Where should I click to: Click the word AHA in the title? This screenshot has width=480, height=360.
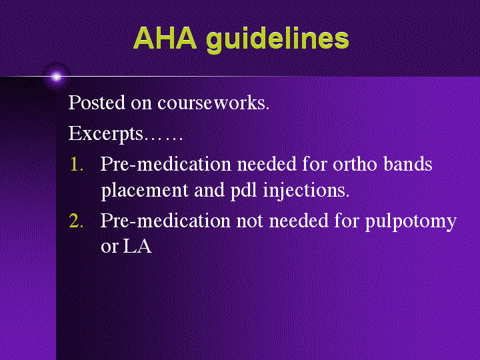(165, 38)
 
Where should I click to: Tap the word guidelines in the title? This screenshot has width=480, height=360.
(277, 40)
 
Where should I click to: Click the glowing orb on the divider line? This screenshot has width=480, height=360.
(56, 77)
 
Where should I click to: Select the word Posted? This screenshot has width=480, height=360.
(97, 102)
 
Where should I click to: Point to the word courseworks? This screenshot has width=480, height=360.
(213, 103)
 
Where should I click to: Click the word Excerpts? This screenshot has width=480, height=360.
(105, 134)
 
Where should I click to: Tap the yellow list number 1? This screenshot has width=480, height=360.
(77, 165)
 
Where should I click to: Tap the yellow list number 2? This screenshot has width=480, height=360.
(76, 221)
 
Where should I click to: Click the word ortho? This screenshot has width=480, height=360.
(355, 164)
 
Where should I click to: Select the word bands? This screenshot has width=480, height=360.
(408, 164)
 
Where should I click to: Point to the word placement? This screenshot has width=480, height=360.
(145, 191)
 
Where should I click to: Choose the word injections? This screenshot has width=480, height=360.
(306, 191)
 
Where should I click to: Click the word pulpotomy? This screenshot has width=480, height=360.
(411, 221)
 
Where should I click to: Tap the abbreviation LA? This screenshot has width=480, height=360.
(137, 247)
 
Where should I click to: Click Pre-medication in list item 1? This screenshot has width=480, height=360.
(165, 164)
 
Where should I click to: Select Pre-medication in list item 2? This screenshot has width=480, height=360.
(165, 221)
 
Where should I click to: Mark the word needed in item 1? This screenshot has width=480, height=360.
(267, 164)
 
